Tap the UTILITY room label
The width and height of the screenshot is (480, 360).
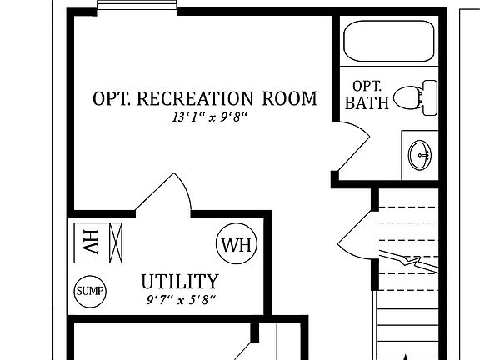179,281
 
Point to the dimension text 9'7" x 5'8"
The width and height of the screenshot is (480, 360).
181,298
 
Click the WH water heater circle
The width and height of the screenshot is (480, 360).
237,245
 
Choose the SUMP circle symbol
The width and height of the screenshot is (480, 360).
90,291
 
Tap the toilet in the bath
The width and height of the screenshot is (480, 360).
414,97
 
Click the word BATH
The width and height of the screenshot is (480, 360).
366,104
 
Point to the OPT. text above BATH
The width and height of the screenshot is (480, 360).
367,86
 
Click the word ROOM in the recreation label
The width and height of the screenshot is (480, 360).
291,99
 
